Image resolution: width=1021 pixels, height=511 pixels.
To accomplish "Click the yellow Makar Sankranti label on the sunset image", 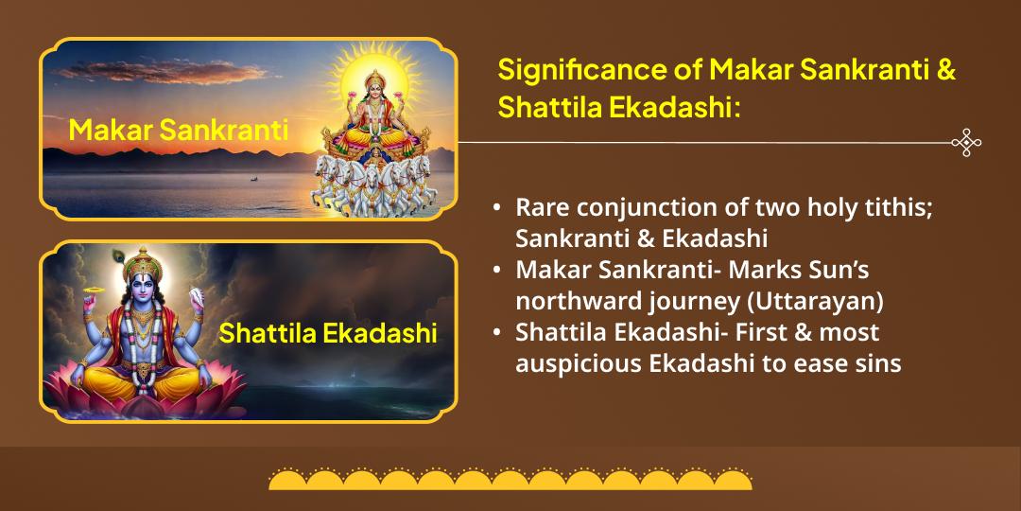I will [179, 129].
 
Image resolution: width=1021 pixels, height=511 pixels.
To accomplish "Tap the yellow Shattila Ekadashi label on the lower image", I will [328, 333].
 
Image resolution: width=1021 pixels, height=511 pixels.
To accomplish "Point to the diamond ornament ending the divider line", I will [965, 143].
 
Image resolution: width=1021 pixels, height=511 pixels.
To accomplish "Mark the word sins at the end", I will [878, 363].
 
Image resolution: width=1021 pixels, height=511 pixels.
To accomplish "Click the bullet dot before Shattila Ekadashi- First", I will [496, 333].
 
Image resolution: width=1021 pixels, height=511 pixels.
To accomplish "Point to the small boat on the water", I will [252, 178].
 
